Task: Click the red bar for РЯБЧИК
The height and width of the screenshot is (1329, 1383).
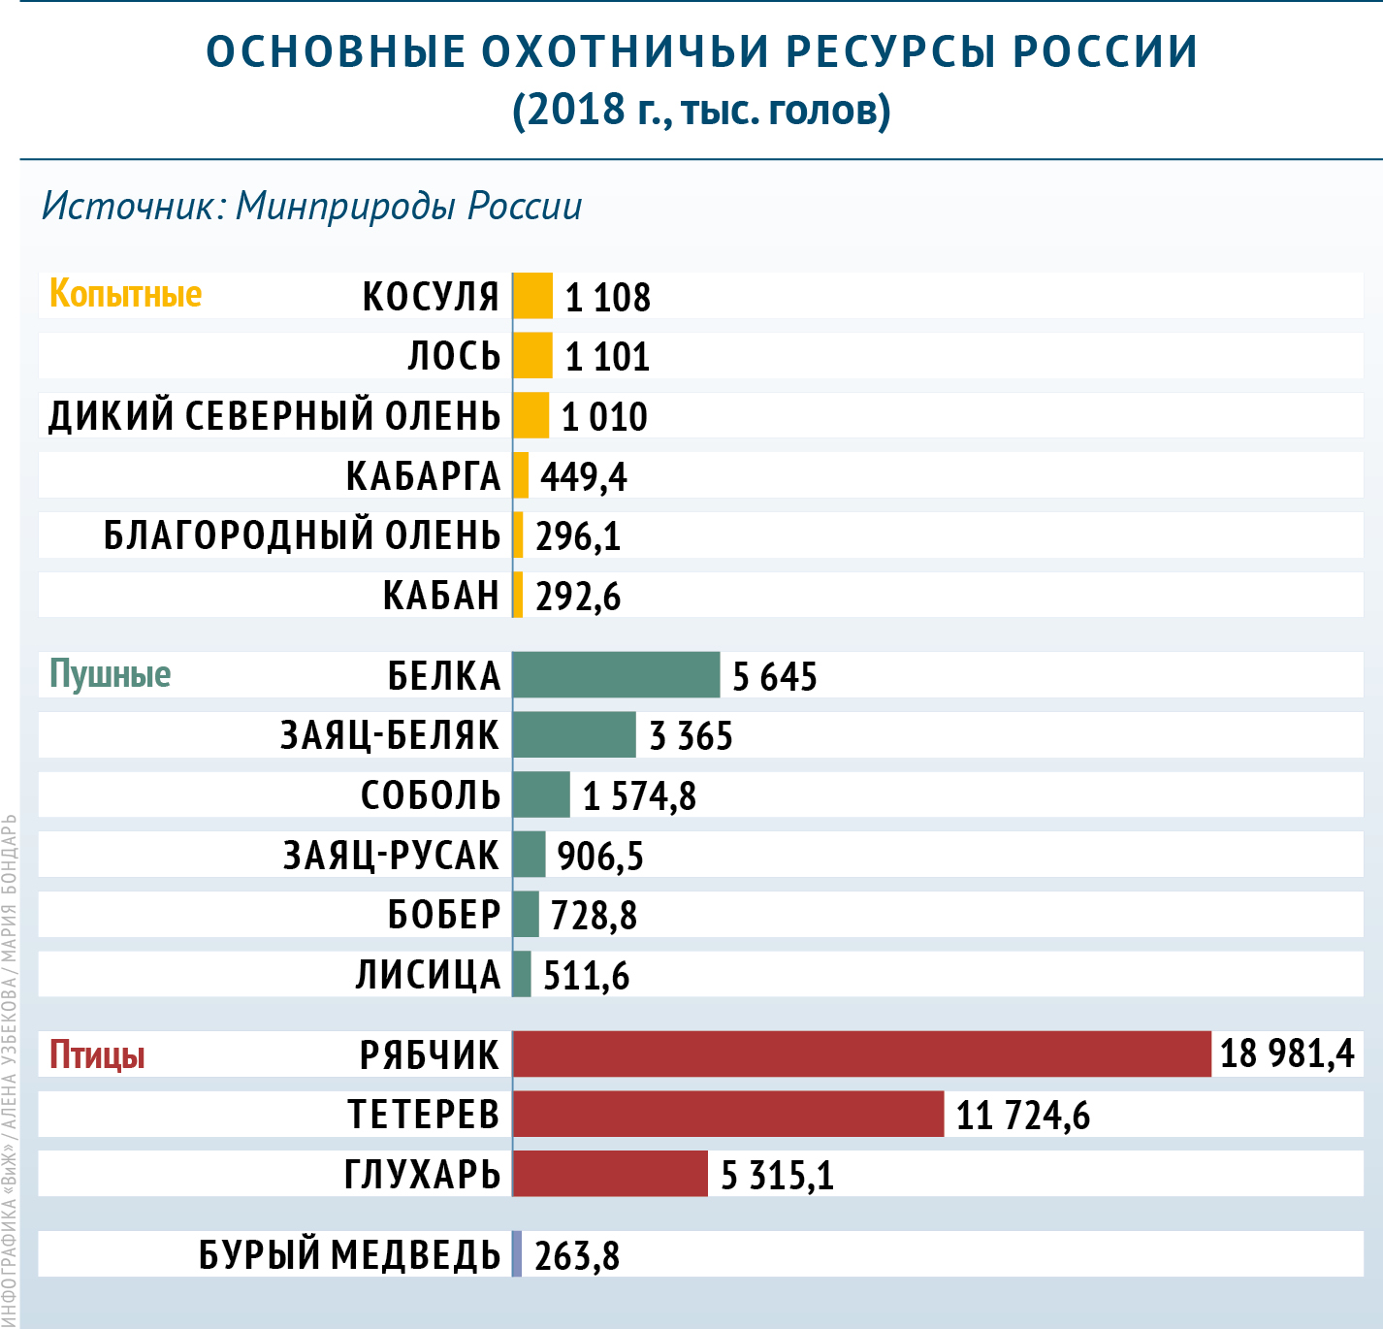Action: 861,1054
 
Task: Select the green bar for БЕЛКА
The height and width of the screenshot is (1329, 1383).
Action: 616,675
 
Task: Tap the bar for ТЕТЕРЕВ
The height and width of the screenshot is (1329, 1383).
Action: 727,1115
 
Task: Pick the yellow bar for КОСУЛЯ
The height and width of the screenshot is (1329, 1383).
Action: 532,296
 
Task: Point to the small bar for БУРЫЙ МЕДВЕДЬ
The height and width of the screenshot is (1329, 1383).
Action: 517,1254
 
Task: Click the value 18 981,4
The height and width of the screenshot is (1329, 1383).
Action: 1287,1054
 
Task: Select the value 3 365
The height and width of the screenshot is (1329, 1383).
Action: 691,736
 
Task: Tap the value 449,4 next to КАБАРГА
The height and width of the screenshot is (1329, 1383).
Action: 584,476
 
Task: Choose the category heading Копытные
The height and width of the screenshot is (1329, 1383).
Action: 125,294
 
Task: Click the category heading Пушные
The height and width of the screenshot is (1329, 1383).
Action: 110,674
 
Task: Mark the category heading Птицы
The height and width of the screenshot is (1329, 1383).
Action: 97,1054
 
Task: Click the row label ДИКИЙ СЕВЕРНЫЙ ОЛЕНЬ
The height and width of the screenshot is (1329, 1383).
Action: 274,416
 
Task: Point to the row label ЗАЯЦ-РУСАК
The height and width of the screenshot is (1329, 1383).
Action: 391,856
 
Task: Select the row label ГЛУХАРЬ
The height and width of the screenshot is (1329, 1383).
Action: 422,1175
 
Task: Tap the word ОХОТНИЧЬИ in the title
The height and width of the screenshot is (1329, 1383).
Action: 625,52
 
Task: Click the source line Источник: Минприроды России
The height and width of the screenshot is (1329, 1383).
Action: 311,207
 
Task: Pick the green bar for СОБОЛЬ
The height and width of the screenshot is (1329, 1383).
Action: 541,795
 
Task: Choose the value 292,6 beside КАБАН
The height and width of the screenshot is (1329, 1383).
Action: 578,597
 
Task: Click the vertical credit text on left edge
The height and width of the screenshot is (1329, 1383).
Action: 9,1067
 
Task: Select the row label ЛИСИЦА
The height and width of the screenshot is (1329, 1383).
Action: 428,975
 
